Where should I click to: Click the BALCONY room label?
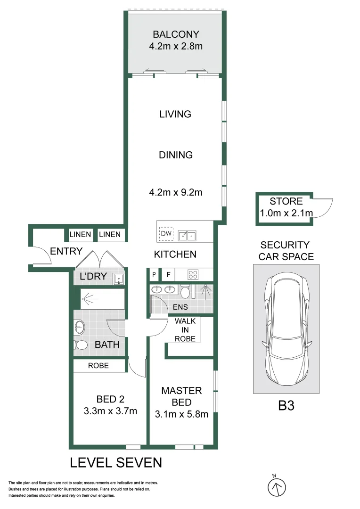point(176,34)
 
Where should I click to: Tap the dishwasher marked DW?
point(166,233)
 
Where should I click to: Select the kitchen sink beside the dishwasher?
point(188,236)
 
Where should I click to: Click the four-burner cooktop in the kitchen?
point(193,275)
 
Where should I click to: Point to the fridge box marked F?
point(168,275)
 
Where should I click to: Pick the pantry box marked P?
point(154,275)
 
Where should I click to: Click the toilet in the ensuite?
point(185,291)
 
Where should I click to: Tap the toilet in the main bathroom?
point(81,345)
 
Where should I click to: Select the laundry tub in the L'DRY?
point(118,279)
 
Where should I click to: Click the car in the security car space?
point(286,328)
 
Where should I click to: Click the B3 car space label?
point(286,406)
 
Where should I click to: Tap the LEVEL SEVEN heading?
point(116,463)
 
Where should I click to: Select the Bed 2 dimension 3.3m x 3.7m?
point(110,411)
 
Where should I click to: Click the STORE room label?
point(286,201)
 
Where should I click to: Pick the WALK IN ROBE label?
point(185,330)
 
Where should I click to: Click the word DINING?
point(176,155)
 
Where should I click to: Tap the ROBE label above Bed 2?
point(98,366)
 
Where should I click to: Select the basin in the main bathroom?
point(80,327)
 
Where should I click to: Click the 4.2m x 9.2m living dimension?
point(176,192)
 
